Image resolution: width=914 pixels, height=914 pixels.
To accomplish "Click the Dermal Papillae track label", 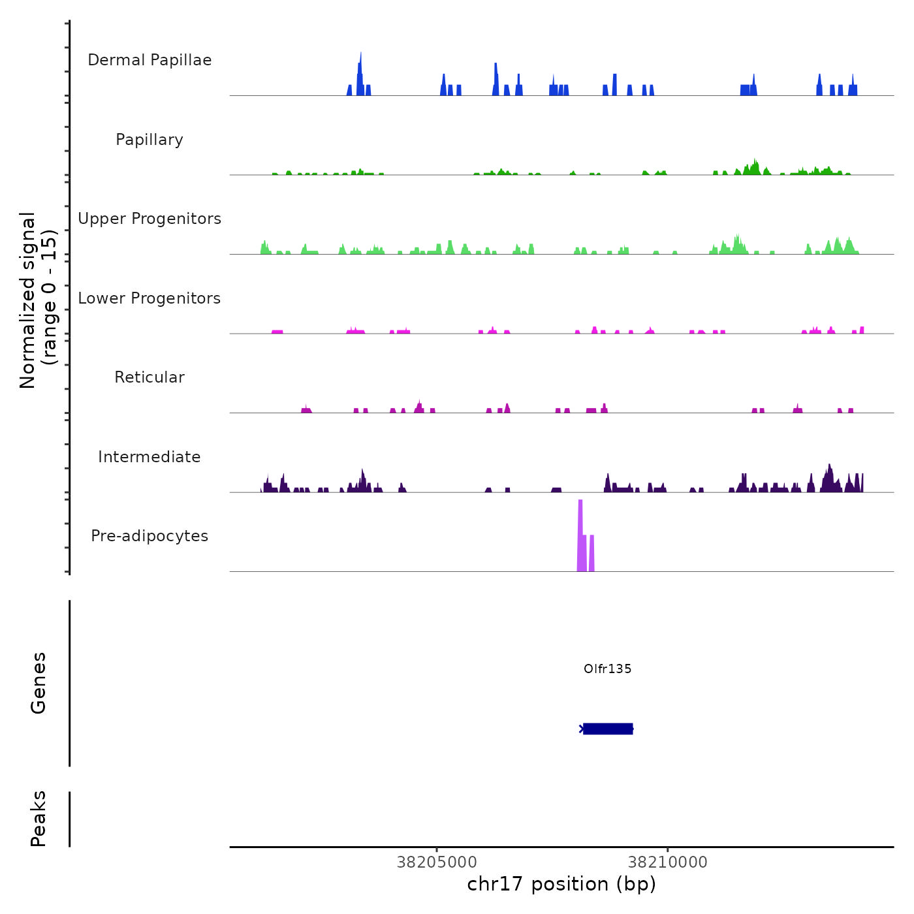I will click(x=150, y=60).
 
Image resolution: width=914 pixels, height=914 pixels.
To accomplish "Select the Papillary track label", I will click(x=150, y=140).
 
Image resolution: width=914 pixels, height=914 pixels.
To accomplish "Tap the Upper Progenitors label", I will click(x=150, y=219).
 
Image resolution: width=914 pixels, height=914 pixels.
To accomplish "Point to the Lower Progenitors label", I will click(x=150, y=298).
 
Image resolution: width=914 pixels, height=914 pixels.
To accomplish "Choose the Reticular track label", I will click(x=150, y=377).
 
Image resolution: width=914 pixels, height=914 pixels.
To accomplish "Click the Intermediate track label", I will click(x=150, y=457).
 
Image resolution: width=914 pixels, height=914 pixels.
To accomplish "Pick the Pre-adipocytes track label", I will click(x=150, y=536).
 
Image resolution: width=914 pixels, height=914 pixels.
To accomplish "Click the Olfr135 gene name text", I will click(x=607, y=669).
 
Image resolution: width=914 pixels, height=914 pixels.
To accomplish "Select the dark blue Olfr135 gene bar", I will click(x=608, y=729).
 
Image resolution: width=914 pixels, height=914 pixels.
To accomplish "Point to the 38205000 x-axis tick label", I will click(x=437, y=862).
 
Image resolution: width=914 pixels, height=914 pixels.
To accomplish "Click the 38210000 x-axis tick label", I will click(x=667, y=862).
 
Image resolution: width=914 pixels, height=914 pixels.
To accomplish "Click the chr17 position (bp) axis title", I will click(x=561, y=885).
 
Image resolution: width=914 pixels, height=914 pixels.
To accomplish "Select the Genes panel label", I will click(x=39, y=683).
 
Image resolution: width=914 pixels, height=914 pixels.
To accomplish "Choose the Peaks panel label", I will click(x=39, y=819).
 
